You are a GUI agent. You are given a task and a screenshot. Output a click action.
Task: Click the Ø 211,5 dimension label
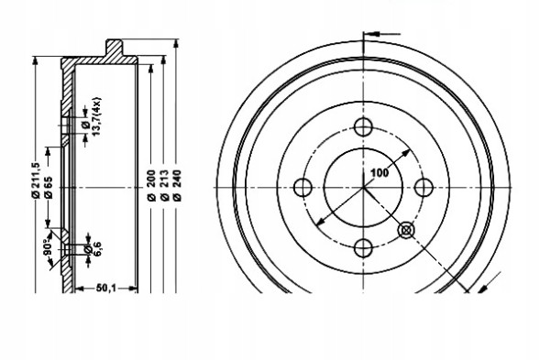tap(34, 179)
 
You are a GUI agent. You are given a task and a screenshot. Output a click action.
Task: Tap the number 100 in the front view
tap(378, 171)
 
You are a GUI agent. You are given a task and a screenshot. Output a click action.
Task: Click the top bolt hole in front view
tap(363, 127)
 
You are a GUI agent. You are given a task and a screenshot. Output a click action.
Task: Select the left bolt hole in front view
tap(303, 188)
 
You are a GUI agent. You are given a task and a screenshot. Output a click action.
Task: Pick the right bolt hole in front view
tap(423, 188)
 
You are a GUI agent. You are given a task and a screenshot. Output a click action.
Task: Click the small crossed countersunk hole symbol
tap(406, 231)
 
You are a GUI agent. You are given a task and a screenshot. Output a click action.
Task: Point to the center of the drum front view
tap(363, 188)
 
